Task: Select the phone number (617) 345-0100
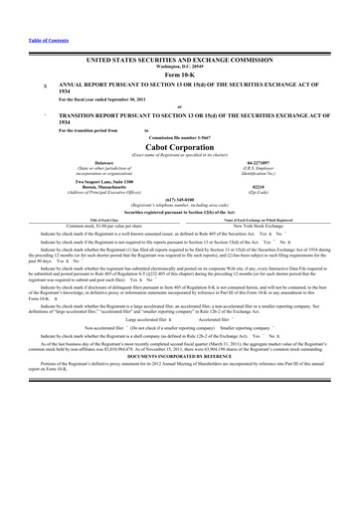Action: [x=179, y=203]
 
